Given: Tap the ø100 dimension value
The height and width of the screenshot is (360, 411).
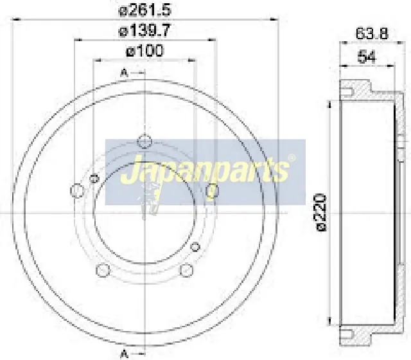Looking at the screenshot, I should [146, 50].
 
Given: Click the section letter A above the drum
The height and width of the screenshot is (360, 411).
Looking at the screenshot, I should [124, 73].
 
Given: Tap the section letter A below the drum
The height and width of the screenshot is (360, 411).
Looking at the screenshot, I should [124, 353].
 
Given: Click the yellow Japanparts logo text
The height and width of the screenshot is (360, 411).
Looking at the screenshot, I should [205, 172].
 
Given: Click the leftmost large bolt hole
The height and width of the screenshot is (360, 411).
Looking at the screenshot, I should [76, 190].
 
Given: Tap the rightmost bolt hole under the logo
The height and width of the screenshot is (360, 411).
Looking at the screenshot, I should [213, 190].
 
